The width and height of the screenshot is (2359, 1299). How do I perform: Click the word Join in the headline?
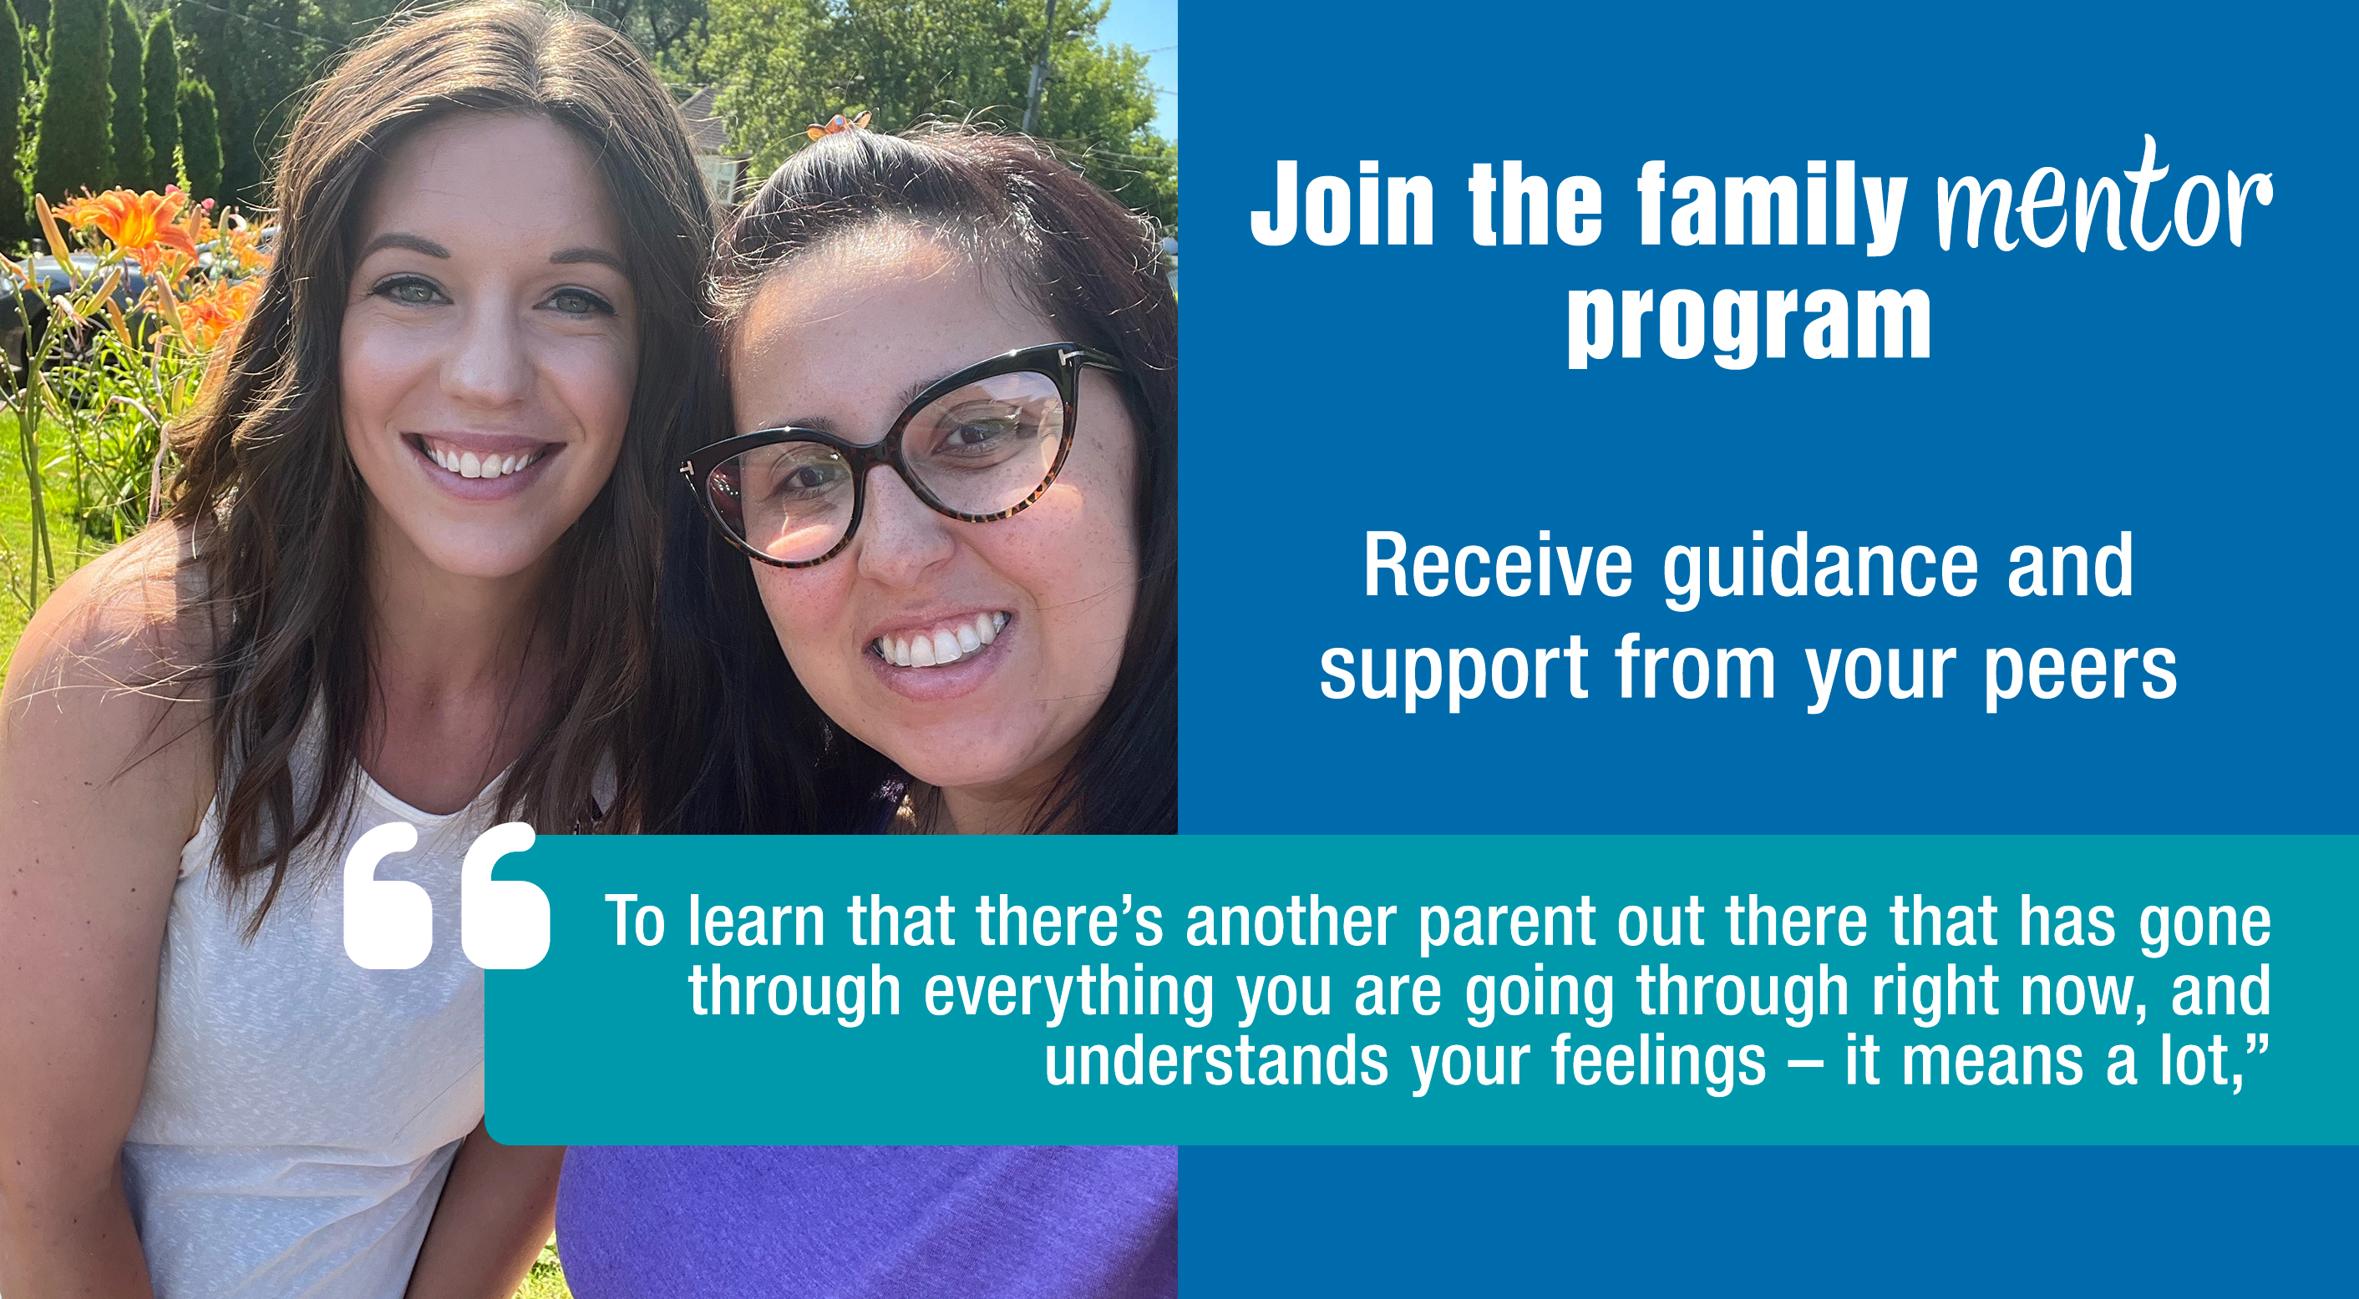pyautogui.click(x=1342, y=203)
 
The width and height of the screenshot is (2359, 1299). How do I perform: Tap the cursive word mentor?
pyautogui.click(x=2103, y=198)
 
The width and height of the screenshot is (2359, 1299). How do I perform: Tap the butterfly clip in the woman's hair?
pyautogui.click(x=838, y=125)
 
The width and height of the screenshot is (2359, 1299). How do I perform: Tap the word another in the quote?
pyautogui.click(x=1291, y=921)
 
